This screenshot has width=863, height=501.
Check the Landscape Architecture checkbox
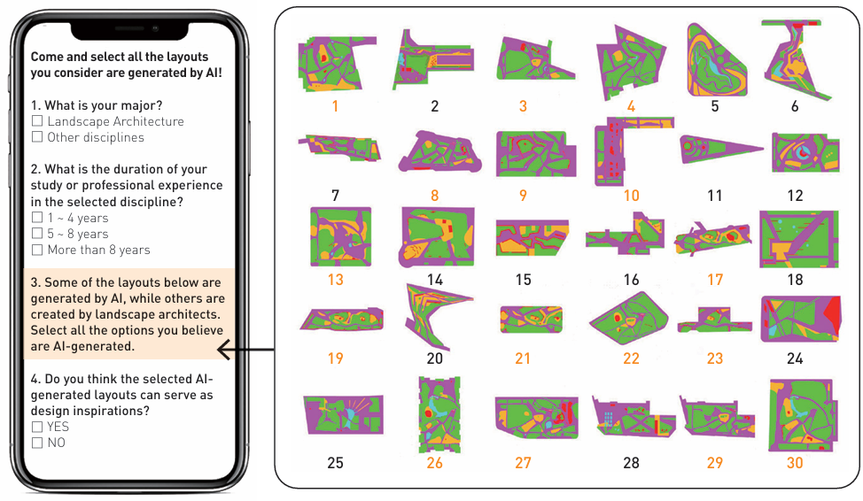point(37,121)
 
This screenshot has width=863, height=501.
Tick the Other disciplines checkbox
point(37,137)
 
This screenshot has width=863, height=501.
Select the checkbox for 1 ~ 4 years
point(37,218)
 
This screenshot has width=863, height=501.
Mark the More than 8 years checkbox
point(37,250)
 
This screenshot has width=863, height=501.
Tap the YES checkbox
point(37,427)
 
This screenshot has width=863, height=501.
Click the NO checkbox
point(37,443)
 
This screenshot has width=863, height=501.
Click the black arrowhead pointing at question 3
point(223,350)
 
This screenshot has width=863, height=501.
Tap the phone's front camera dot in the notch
point(156,28)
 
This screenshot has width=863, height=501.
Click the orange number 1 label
point(335,106)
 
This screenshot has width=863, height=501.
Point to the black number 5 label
point(715,106)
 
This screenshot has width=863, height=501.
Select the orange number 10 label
point(631,196)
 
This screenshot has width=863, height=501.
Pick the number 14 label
point(435,280)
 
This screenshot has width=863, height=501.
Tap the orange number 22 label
point(631,358)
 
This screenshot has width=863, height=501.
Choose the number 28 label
point(631,463)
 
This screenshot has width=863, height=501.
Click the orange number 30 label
point(795,463)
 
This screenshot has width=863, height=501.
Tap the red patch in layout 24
point(833,314)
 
